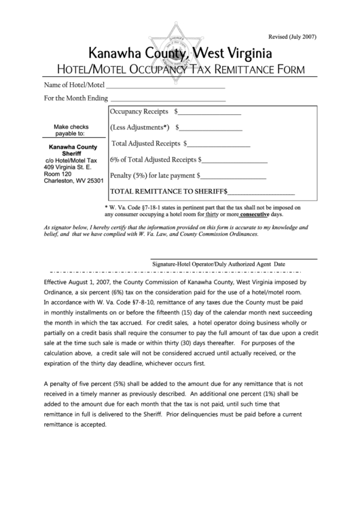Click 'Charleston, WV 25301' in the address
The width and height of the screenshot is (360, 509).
click(x=73, y=181)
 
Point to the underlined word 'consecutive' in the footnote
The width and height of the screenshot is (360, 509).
click(x=249, y=214)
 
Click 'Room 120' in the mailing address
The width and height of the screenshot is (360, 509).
click(x=57, y=173)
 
